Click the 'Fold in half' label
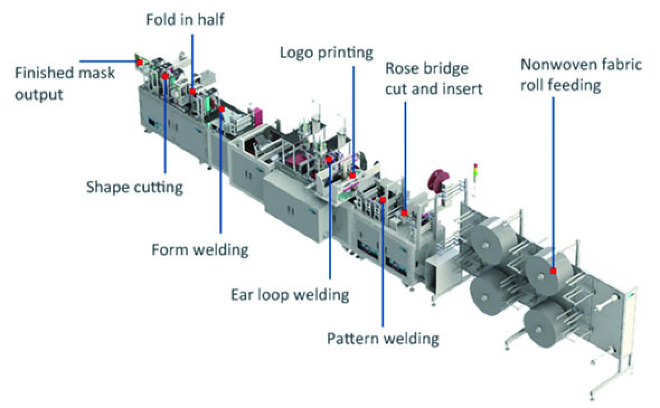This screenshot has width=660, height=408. click(x=185, y=20)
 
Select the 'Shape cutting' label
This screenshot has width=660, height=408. click(x=134, y=187)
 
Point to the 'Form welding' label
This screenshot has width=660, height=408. click(x=200, y=249)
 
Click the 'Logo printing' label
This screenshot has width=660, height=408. click(x=327, y=53)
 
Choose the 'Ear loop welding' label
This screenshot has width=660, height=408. click(x=290, y=294)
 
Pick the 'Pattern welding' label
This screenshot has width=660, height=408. click(x=383, y=338)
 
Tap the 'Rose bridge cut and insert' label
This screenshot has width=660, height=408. click(x=433, y=79)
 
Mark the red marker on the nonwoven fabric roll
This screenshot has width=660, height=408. click(x=553, y=271)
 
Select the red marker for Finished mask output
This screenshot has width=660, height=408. click(x=139, y=62)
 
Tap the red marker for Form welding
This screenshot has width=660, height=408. click(x=222, y=110)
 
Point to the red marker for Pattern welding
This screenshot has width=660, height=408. click(x=383, y=200)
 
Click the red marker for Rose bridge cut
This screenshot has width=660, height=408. click(x=404, y=212)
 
